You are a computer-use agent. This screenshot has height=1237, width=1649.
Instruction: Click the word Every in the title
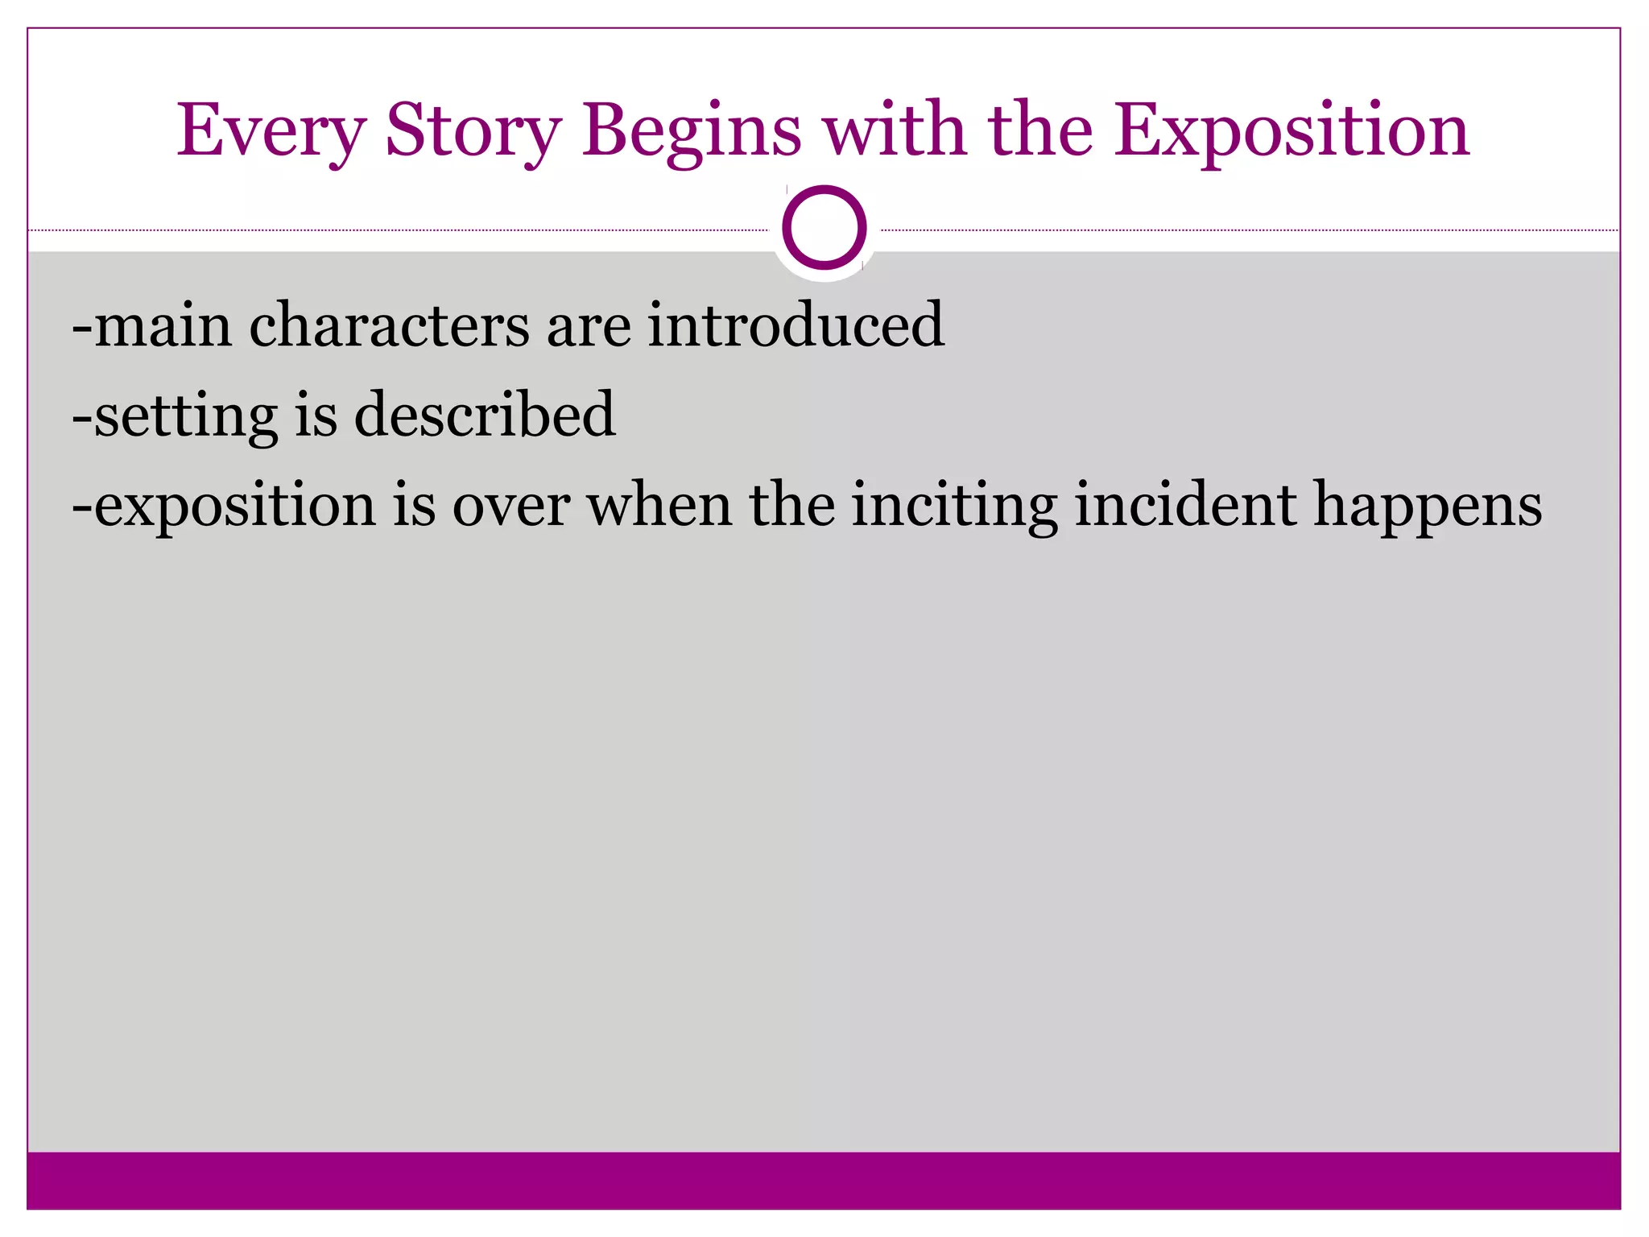[271, 130]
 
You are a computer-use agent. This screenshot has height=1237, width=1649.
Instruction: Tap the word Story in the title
[473, 130]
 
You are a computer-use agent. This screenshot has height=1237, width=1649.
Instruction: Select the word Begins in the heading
[692, 130]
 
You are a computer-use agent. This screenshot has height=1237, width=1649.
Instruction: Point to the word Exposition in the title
[1292, 130]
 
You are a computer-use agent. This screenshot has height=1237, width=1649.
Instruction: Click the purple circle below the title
[824, 228]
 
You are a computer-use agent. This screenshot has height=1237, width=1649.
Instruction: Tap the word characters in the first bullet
[389, 325]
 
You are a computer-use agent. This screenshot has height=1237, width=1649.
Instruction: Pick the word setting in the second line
[186, 415]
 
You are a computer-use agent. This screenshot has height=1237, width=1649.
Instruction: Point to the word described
[485, 414]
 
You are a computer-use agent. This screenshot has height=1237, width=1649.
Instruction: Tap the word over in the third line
[511, 506]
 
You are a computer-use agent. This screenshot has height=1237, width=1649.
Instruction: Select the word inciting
[954, 506]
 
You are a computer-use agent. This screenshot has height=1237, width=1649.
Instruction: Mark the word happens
[1428, 506]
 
